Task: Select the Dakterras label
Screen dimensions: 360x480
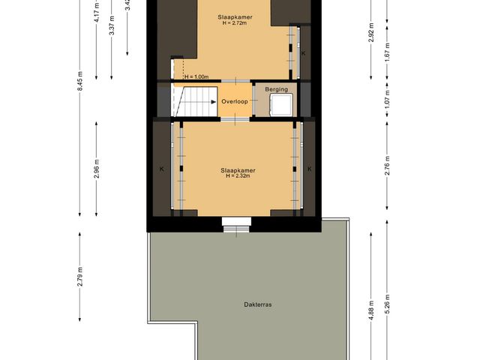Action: [x=257, y=304]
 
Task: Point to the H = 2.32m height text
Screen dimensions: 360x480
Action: [x=238, y=176]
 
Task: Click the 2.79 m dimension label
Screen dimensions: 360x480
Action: [x=80, y=278]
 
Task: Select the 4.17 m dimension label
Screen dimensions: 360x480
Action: [x=97, y=16]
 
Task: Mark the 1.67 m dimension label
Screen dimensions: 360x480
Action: [x=387, y=58]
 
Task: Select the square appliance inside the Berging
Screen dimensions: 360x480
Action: [x=282, y=103]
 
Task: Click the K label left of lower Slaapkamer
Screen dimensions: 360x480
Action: [x=162, y=169]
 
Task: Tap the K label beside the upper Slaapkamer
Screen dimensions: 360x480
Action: [x=303, y=54]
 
